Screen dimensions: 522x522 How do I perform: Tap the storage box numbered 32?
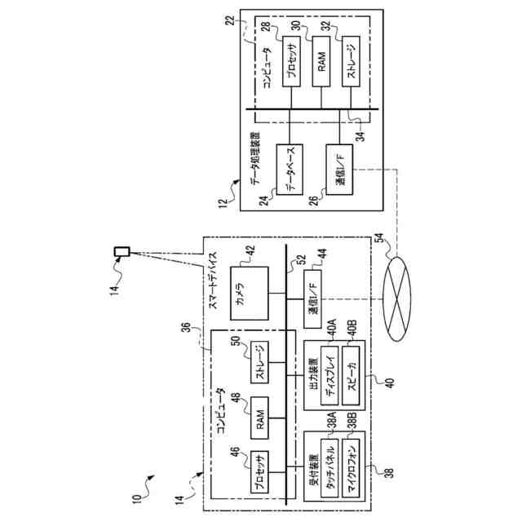pos(351,61)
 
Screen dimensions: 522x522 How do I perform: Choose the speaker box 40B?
pos(351,378)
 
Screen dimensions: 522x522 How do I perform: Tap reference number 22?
pos(230,20)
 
